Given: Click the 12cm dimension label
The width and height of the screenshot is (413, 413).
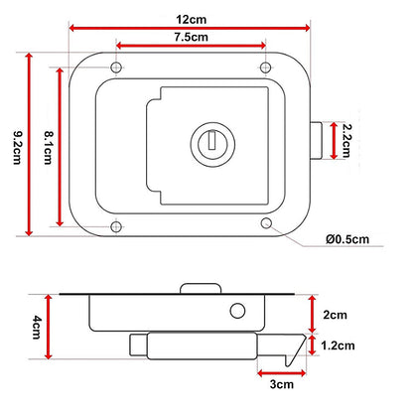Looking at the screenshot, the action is pyautogui.click(x=191, y=19).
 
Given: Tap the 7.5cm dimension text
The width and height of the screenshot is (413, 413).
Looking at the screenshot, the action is pyautogui.click(x=192, y=37).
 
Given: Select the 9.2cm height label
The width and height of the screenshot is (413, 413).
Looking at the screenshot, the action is pyautogui.click(x=17, y=148).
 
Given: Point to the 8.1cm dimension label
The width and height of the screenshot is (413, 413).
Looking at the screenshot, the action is pyautogui.click(x=49, y=148).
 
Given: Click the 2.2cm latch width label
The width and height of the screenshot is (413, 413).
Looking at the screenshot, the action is pyautogui.click(x=346, y=141).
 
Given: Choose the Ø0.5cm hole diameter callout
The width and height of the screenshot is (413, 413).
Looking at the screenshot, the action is pyautogui.click(x=347, y=239).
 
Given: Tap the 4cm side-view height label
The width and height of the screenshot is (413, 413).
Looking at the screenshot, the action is pyautogui.click(x=37, y=327).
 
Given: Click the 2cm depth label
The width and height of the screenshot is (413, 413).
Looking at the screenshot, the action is pyautogui.click(x=336, y=315).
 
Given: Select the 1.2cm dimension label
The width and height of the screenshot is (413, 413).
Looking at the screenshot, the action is pyautogui.click(x=338, y=345).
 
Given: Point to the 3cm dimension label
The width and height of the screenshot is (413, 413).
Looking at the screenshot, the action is pyautogui.click(x=282, y=384).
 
